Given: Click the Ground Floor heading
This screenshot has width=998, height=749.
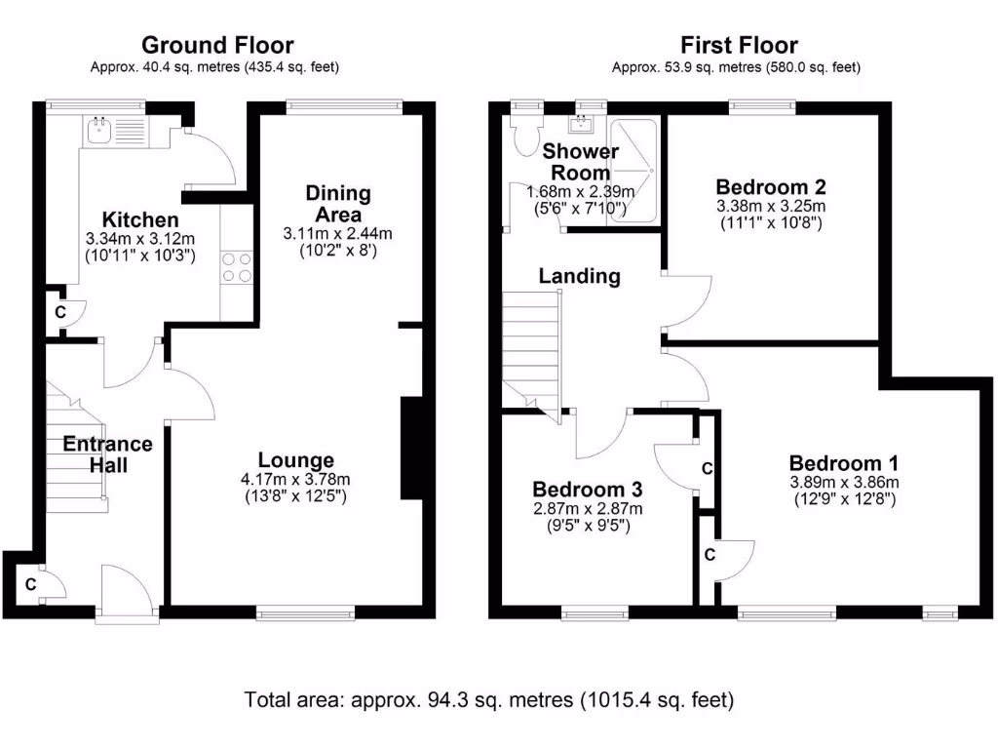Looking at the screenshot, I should click(x=217, y=45).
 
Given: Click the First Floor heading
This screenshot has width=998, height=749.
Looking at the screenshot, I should click(x=738, y=45).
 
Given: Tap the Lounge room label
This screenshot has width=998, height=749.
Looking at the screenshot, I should click(x=296, y=460).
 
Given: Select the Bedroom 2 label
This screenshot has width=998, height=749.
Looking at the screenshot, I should click(x=764, y=187).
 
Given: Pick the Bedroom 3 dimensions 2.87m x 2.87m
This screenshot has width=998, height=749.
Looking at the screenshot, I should click(x=581, y=508).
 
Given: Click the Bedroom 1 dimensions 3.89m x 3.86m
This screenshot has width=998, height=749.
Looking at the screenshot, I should click(x=844, y=482).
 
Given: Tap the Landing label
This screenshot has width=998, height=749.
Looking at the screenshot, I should click(x=580, y=276).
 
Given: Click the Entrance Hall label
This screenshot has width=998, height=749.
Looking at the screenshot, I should click(x=107, y=454).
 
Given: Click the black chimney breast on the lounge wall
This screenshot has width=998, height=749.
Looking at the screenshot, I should click(x=410, y=448).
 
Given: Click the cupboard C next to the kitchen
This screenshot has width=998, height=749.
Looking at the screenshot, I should click(x=60, y=313).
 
